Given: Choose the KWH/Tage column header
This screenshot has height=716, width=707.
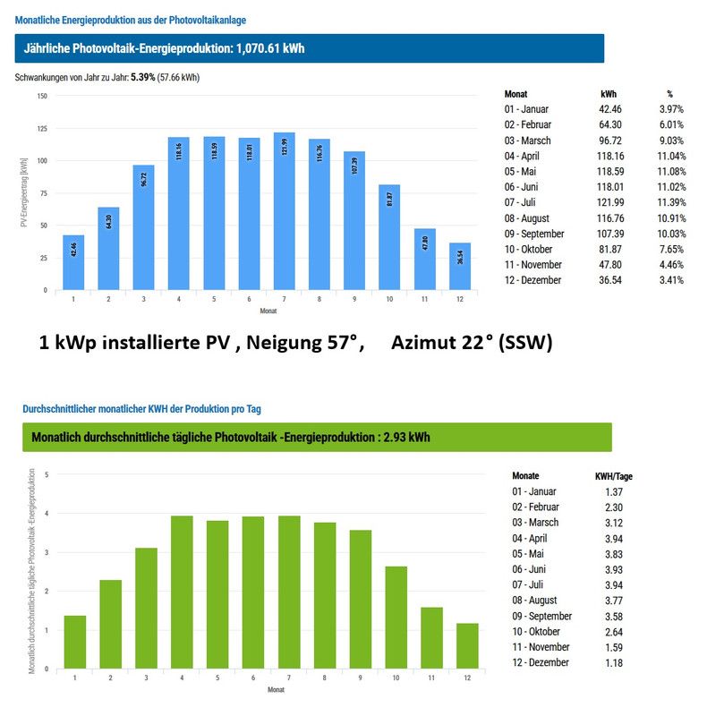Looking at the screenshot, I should pos(613,476).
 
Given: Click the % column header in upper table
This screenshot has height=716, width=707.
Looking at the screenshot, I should pos(669,93).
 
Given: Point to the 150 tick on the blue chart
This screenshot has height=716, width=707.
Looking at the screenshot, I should pos(42,96).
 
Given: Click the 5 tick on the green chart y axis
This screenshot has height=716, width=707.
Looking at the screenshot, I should pos(47,474).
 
